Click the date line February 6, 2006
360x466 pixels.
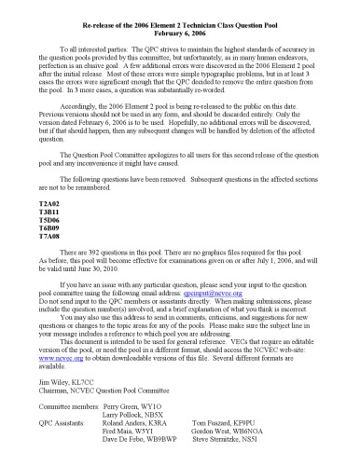[180, 29]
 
